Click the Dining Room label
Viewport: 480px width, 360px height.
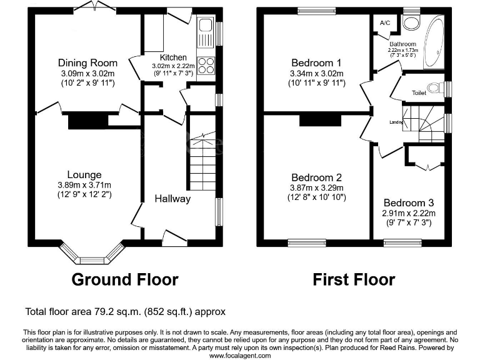click(87, 62)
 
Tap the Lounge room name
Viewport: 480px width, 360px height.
click(84, 174)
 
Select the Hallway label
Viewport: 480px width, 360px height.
click(172, 198)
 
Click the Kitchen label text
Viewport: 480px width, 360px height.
click(173, 57)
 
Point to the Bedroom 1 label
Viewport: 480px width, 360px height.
click(317, 62)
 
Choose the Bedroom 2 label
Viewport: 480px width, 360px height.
click(317, 177)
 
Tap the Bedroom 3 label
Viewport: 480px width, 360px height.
click(409, 203)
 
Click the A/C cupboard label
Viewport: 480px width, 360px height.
click(385, 23)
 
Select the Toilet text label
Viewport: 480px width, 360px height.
click(419, 92)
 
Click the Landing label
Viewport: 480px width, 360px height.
click(395, 122)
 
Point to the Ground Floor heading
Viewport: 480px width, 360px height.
click(125, 279)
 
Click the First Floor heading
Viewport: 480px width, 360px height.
click(354, 279)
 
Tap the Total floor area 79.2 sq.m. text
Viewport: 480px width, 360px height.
click(125, 311)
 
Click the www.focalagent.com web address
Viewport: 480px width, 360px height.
click(239, 355)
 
